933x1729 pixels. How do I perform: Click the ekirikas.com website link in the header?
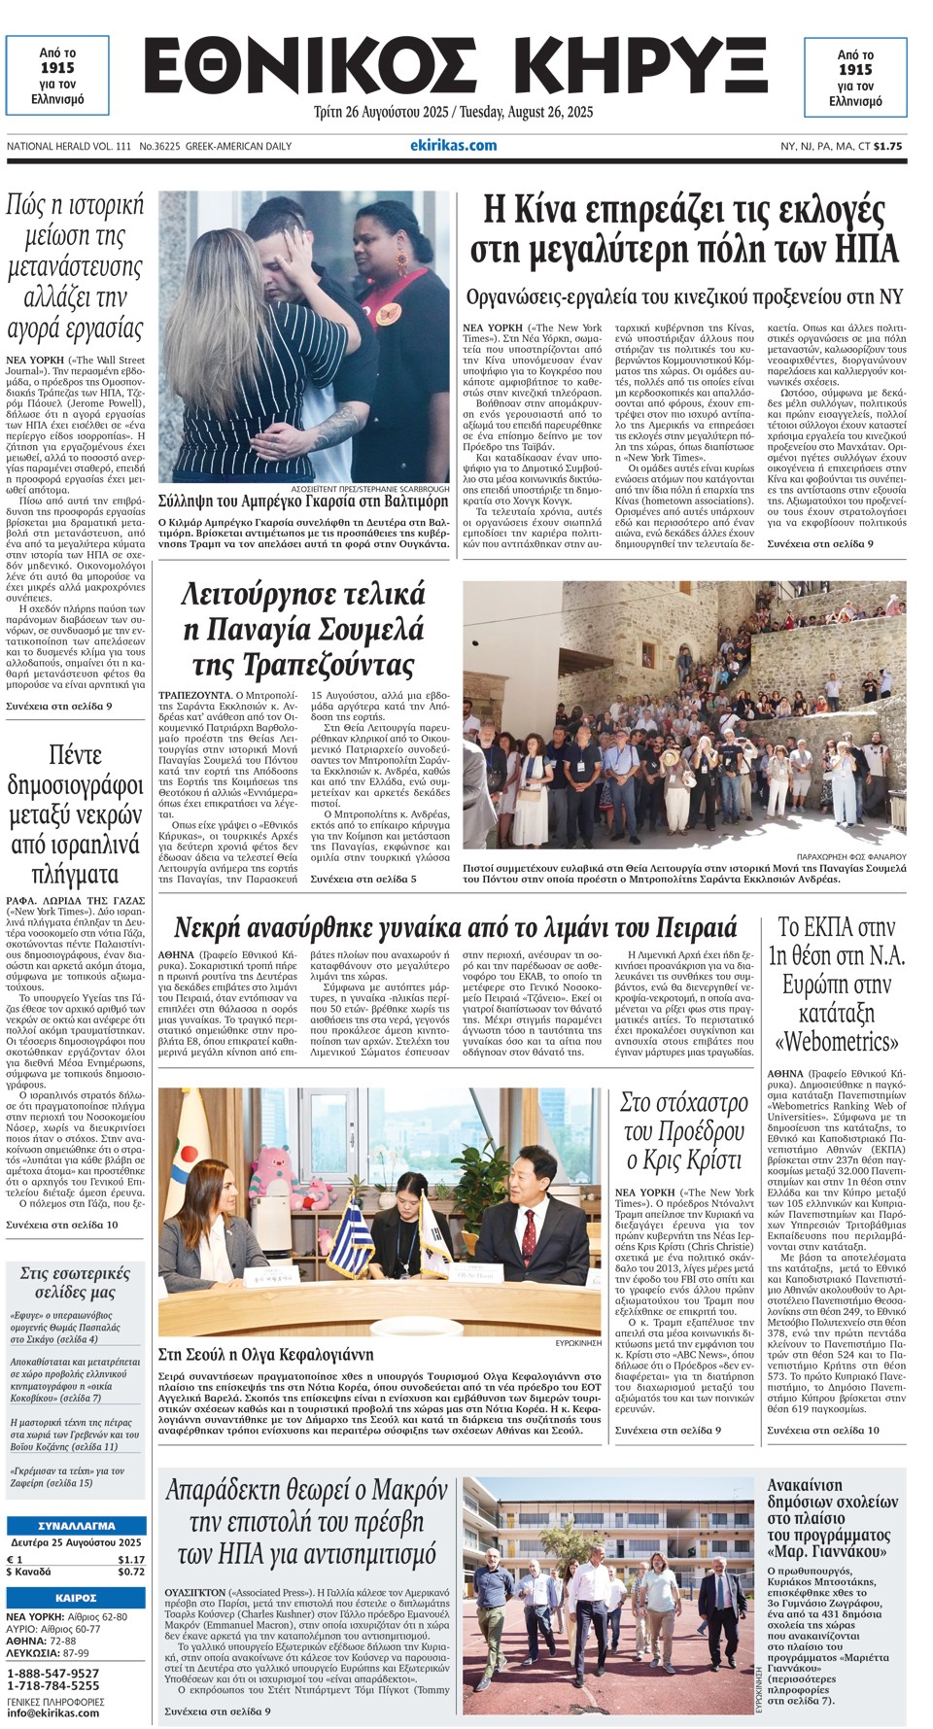click(453, 146)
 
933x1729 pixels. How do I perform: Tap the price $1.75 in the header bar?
click(887, 147)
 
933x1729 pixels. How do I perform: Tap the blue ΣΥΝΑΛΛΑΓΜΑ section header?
click(76, 1525)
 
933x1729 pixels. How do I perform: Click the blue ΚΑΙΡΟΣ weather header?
click(76, 1598)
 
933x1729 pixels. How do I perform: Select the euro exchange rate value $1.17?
click(131, 1559)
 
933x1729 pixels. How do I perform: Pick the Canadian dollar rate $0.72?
click(131, 1572)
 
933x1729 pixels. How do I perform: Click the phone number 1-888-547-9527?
click(52, 1673)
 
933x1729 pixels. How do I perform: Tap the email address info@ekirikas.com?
click(52, 1712)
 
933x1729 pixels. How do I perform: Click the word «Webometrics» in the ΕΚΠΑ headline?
click(837, 1042)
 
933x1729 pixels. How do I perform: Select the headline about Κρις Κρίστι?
click(684, 1131)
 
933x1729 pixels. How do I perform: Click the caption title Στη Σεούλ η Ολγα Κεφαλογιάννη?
click(265, 1354)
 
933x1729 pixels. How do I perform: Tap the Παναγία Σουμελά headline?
click(302, 629)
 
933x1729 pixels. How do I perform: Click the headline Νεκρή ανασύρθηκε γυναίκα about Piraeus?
click(455, 926)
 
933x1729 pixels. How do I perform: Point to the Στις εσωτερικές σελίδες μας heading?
click(75, 1282)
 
